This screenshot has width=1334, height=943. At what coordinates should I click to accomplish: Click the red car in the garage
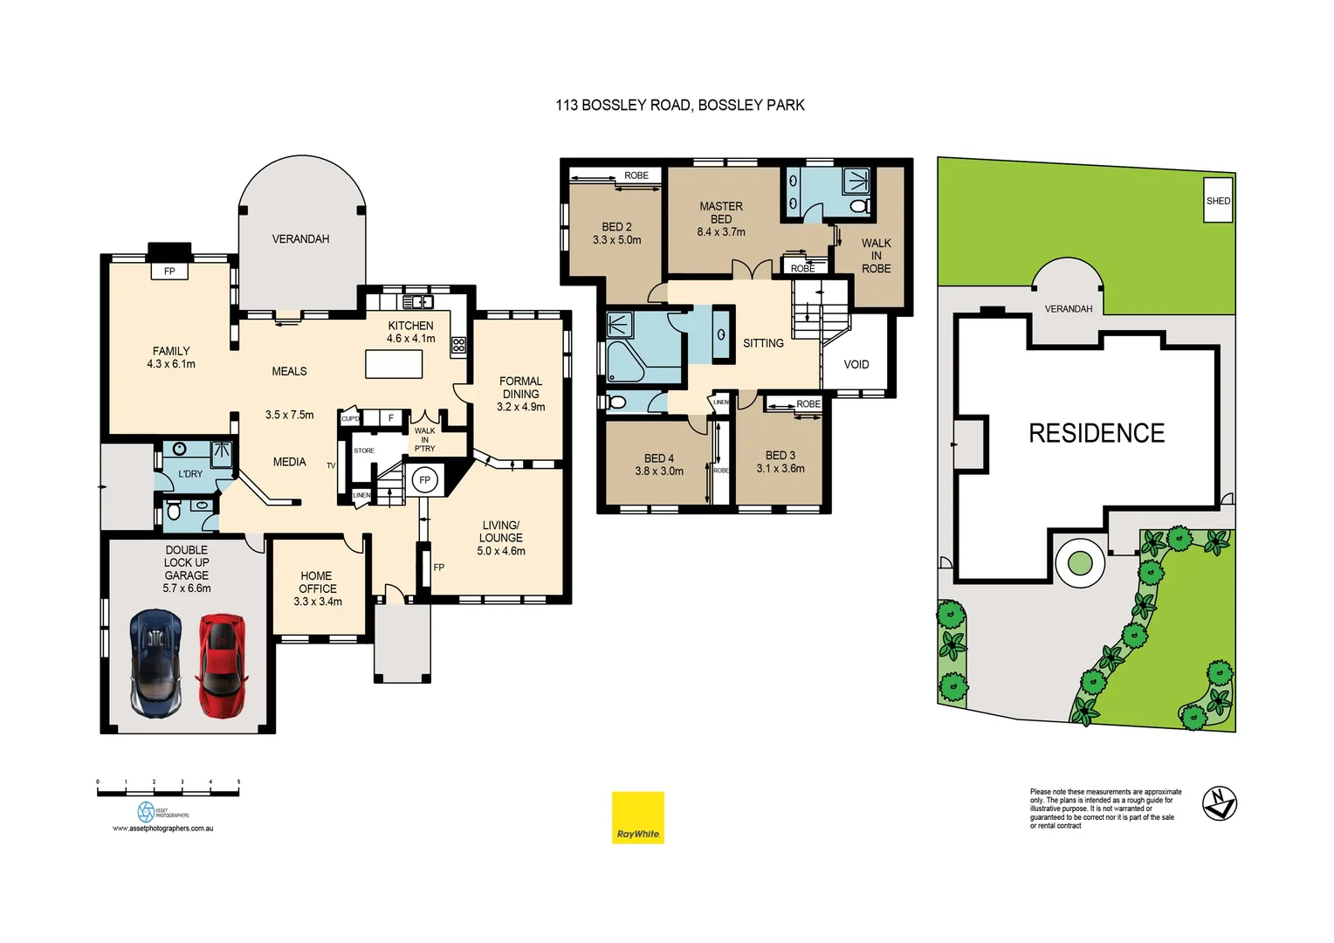221,665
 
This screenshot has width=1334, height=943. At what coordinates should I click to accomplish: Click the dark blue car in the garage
156,664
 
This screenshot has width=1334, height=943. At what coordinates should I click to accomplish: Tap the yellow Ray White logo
637,817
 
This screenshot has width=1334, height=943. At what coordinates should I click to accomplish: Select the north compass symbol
1219,803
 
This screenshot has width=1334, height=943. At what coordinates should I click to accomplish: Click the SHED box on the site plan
1218,200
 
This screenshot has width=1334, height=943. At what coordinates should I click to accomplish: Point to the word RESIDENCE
1097,433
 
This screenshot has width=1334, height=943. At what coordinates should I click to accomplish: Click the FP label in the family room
169,272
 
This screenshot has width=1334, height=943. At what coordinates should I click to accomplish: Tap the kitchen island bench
394,363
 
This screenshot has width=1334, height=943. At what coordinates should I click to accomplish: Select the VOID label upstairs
856,364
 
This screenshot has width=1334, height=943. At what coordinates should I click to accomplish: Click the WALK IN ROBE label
876,256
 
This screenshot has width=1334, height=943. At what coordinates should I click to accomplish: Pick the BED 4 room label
659,465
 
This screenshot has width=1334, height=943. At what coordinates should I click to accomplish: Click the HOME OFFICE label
317,589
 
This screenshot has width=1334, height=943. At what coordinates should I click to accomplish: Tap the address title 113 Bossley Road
679,105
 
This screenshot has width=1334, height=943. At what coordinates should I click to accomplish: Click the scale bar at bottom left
168,791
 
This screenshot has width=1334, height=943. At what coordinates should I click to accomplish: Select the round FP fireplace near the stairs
424,480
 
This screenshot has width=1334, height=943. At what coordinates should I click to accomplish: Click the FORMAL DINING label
520,394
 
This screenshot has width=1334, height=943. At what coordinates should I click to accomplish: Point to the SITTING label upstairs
763,343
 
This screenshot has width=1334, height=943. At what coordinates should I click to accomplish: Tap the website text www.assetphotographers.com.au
162,829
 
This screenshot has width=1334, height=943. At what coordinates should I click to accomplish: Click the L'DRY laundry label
190,474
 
